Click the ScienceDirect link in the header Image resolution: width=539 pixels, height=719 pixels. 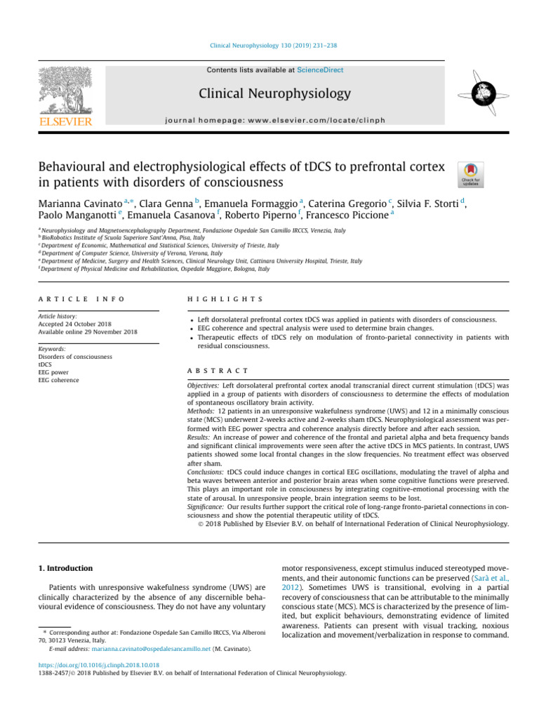click(320, 70)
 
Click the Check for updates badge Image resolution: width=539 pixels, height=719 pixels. click(469, 174)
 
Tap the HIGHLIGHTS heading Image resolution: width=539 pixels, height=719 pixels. click(225, 299)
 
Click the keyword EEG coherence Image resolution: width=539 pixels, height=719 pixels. click(59, 381)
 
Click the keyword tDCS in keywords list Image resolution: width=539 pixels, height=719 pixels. click(45, 365)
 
